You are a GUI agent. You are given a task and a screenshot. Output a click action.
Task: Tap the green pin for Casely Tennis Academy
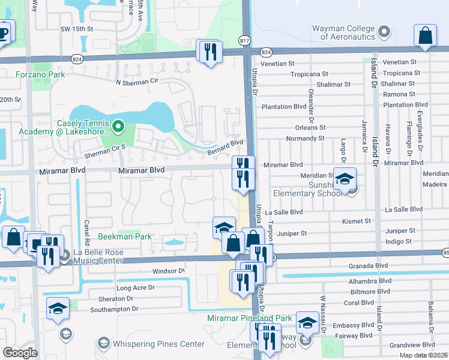pos(118,127)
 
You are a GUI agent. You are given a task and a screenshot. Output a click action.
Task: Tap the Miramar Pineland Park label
pos(249,317)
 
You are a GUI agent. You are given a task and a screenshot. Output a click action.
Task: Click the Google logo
pos(20,352)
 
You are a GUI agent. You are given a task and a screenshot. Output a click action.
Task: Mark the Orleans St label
pos(310,128)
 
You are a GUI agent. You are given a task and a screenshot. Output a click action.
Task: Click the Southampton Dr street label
pos(114,309)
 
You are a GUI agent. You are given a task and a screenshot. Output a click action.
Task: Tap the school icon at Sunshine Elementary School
pos(345,179)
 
